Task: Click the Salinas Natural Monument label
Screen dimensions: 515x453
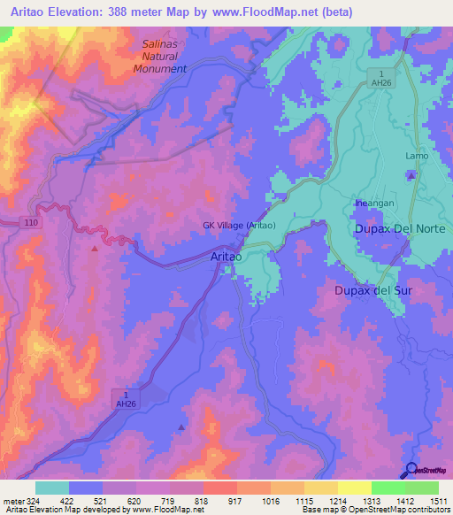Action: click(x=165, y=56)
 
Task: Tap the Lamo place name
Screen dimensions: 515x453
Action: click(x=417, y=156)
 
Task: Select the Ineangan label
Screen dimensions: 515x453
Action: click(x=374, y=203)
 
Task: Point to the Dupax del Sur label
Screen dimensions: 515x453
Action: click(x=372, y=290)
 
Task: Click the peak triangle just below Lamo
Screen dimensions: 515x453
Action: click(x=412, y=174)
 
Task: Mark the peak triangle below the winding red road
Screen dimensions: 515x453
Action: click(x=94, y=249)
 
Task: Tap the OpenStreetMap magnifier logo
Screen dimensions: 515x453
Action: click(x=411, y=470)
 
